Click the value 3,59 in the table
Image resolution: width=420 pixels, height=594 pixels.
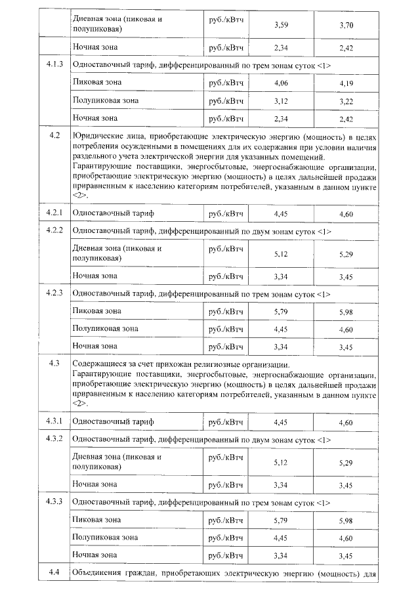[x=280, y=24]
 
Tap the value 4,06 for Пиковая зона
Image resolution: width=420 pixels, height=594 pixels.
[x=280, y=83]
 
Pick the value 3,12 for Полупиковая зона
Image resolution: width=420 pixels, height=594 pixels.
[x=280, y=100]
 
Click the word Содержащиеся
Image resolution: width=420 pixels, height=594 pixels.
[x=100, y=363]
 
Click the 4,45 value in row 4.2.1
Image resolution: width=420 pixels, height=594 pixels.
[x=280, y=214]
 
